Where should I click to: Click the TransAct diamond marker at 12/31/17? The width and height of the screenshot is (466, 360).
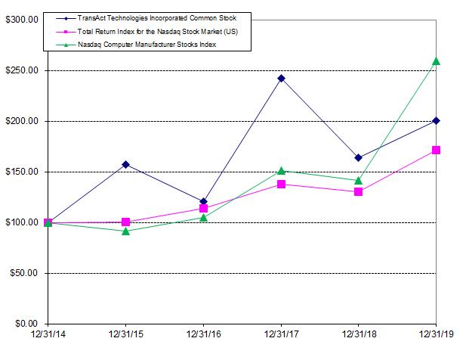click(x=281, y=78)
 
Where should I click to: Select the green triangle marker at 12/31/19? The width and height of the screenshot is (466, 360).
click(x=436, y=61)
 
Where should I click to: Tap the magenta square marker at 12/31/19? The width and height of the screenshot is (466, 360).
click(x=436, y=151)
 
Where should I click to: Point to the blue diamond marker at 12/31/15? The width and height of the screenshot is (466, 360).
click(x=125, y=164)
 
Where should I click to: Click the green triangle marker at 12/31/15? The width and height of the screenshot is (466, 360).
click(x=125, y=231)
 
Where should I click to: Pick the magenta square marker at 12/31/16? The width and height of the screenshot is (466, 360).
click(x=203, y=209)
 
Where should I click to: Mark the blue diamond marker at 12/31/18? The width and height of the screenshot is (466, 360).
click(x=358, y=158)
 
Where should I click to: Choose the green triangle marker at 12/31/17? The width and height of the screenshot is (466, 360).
click(x=281, y=171)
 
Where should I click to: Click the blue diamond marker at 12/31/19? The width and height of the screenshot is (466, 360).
click(x=436, y=121)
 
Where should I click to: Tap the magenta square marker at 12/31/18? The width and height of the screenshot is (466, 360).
click(x=358, y=192)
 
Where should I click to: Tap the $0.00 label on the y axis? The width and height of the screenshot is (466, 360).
click(x=26, y=324)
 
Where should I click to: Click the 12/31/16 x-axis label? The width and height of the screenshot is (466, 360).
click(x=203, y=334)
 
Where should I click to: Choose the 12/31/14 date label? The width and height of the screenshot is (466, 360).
click(x=48, y=334)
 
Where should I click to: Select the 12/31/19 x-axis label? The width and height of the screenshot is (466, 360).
click(x=436, y=334)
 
